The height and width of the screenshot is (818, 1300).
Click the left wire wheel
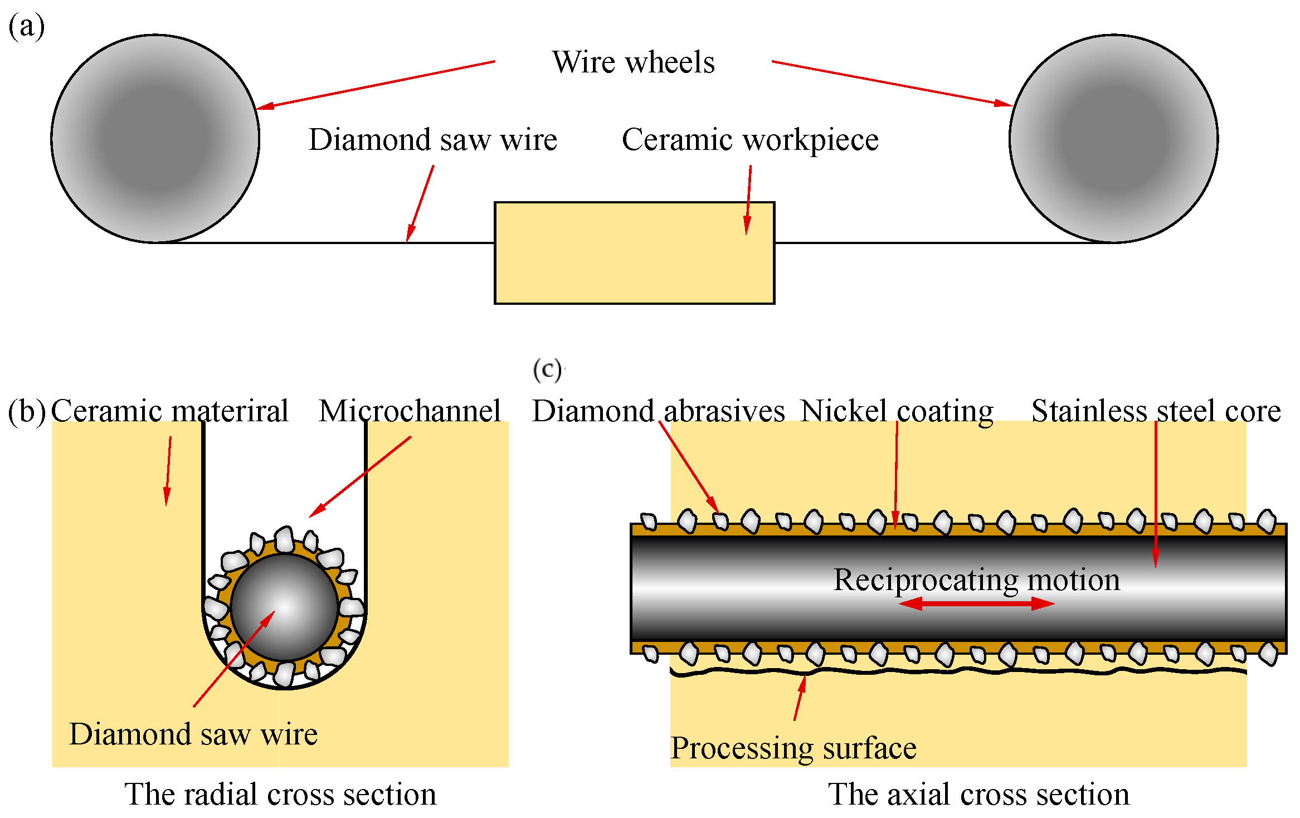(x=155, y=139)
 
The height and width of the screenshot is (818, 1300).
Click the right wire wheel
(x=1113, y=139)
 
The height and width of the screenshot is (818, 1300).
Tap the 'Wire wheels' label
(x=633, y=62)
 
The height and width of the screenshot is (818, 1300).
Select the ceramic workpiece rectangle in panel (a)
(x=634, y=253)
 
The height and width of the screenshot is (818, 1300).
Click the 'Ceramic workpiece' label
(x=750, y=140)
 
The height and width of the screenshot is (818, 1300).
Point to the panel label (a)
(x=26, y=26)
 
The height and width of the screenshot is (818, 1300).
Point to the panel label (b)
(x=26, y=411)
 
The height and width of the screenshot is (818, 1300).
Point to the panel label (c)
(x=547, y=370)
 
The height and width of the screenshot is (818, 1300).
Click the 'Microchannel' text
(x=410, y=411)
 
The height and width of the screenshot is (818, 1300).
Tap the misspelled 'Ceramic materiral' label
(x=170, y=411)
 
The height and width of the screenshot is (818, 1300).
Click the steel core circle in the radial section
(x=285, y=607)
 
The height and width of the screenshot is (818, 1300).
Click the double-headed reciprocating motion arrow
(x=976, y=603)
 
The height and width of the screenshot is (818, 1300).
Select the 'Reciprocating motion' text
(x=976, y=580)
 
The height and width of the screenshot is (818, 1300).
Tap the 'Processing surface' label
(x=793, y=748)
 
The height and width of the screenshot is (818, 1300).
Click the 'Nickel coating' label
(x=897, y=411)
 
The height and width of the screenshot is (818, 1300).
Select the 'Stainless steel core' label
(x=1156, y=411)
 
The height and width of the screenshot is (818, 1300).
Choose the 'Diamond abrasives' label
(x=659, y=411)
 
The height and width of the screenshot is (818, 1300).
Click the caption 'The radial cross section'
(x=280, y=794)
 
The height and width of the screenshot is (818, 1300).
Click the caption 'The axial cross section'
(x=978, y=794)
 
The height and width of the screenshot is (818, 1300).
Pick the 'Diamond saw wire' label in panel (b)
(x=193, y=734)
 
